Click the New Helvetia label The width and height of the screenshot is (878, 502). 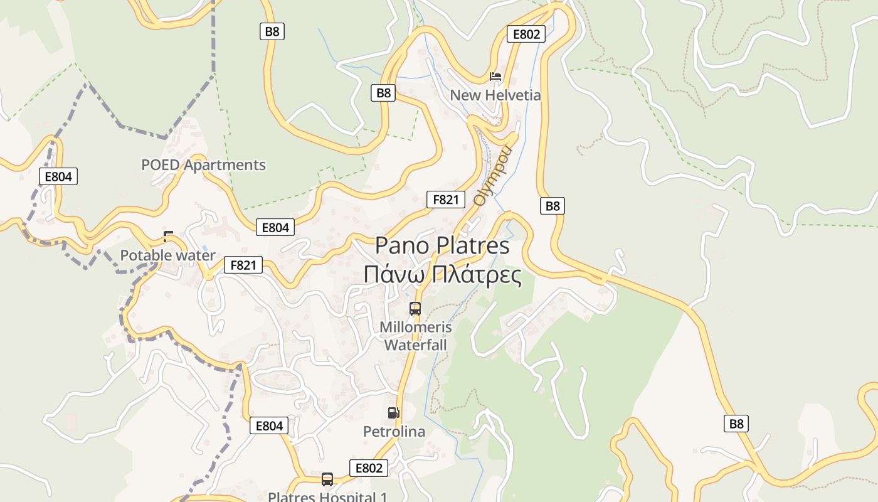[495, 95]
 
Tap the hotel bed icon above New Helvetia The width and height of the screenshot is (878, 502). [495, 77]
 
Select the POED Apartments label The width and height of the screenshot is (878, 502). [203, 165]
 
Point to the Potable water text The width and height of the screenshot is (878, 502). [167, 255]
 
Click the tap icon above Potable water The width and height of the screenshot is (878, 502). [167, 237]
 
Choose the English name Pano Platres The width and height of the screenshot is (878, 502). [442, 245]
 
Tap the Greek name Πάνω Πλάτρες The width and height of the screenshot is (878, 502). [442, 275]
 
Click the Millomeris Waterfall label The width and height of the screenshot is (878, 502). [415, 336]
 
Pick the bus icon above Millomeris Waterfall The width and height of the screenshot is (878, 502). [415, 309]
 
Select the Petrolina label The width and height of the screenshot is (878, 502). [394, 432]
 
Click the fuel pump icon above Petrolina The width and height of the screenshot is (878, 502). [393, 412]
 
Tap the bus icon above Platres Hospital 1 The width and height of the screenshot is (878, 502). [327, 479]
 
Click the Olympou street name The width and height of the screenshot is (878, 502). [493, 176]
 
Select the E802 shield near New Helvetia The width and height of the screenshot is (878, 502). [526, 34]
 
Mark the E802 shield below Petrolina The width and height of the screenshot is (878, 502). [369, 468]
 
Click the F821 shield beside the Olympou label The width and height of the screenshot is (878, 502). [446, 200]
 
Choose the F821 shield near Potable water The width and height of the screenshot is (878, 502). [243, 265]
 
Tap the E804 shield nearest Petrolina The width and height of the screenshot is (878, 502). [269, 425]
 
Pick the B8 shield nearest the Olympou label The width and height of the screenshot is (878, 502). [552, 206]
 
